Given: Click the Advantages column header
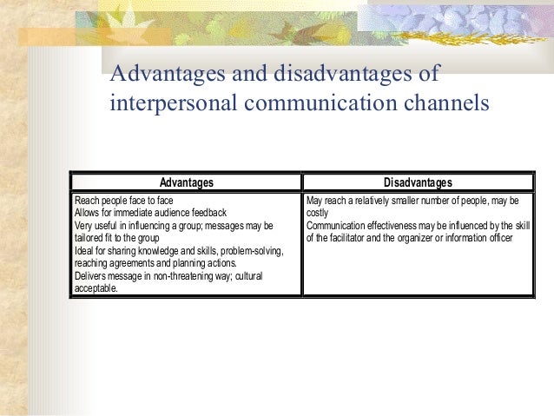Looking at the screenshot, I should click(187, 182).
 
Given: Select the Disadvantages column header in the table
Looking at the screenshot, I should click(419, 182).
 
